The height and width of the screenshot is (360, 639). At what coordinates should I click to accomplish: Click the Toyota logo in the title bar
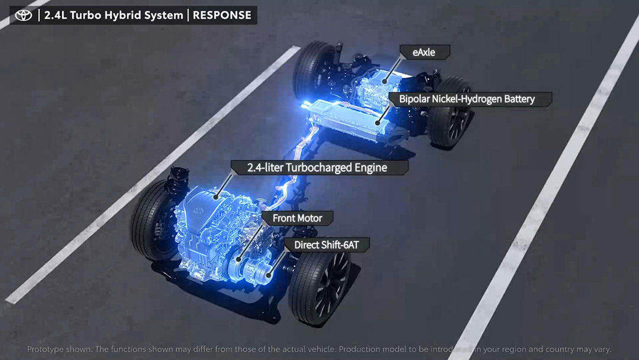click(24, 15)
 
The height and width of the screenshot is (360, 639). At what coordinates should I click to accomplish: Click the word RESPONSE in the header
click(222, 15)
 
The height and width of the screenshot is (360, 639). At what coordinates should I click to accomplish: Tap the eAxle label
click(424, 52)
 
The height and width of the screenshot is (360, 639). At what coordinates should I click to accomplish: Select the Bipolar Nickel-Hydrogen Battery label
click(466, 99)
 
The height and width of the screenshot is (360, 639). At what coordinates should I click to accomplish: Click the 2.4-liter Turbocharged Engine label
click(317, 168)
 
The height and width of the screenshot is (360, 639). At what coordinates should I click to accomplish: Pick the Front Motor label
click(297, 218)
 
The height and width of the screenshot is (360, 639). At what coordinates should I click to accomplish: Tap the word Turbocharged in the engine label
click(321, 168)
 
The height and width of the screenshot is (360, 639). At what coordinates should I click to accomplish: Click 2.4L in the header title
click(56, 15)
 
